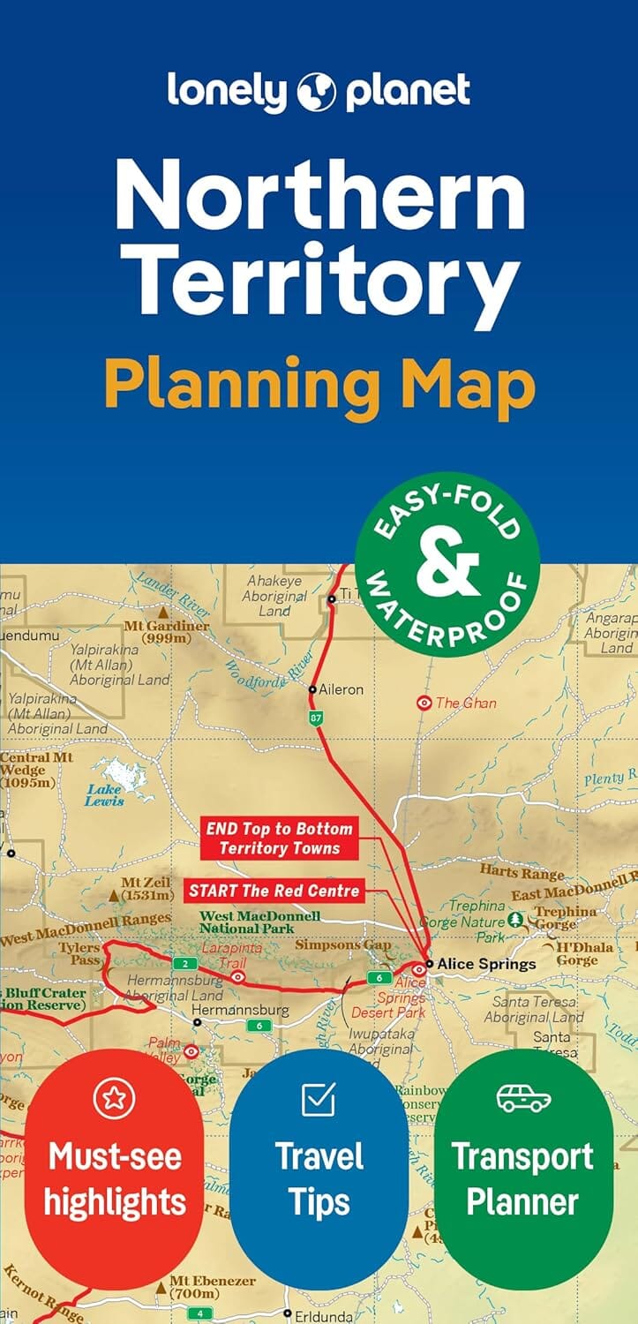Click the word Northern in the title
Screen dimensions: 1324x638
(319, 196)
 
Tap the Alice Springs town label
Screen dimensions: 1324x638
(486, 964)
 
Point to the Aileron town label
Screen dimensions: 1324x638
(341, 689)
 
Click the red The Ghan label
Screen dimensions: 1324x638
(466, 703)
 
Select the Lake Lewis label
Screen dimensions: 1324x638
(104, 795)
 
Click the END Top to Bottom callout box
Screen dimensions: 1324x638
(279, 839)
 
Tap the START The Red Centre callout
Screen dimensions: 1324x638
(274, 890)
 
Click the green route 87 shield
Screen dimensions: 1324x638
(317, 719)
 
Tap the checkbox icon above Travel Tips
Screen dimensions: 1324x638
(319, 1099)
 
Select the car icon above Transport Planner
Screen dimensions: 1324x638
(523, 1099)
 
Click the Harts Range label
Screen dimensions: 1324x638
(522, 873)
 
